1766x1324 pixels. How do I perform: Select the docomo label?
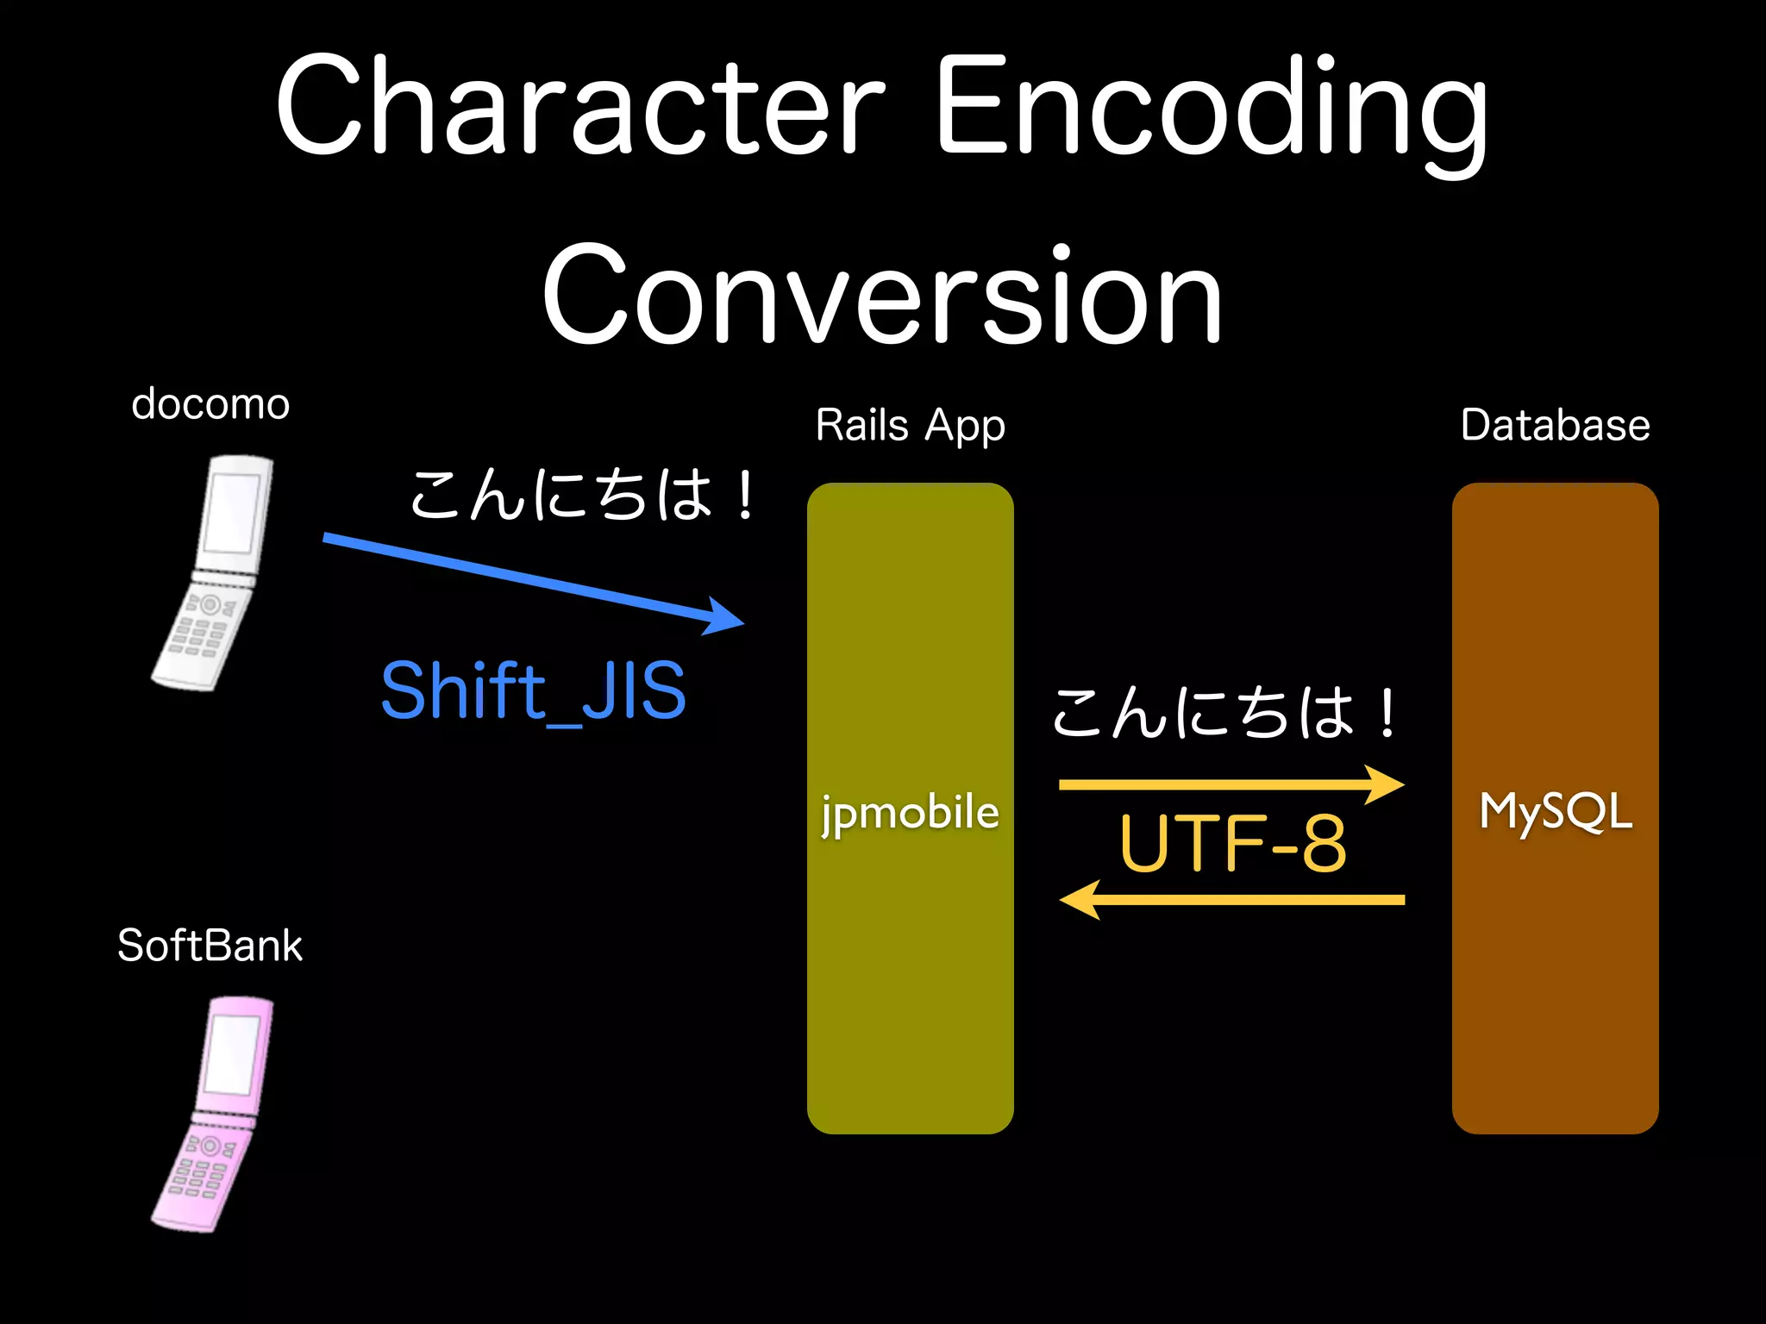[x=210, y=403]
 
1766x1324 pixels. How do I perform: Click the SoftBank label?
[x=210, y=946]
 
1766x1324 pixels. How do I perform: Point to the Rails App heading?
[x=910, y=425]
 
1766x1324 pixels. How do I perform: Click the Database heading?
[x=1555, y=425]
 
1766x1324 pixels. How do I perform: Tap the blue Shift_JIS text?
[x=533, y=690]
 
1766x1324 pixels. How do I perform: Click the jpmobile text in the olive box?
[x=910, y=813]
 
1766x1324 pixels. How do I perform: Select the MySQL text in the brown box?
[x=1556, y=811]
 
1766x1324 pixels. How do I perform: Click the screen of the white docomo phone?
[x=233, y=514]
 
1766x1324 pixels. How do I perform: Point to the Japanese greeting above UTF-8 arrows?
[x=1224, y=713]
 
